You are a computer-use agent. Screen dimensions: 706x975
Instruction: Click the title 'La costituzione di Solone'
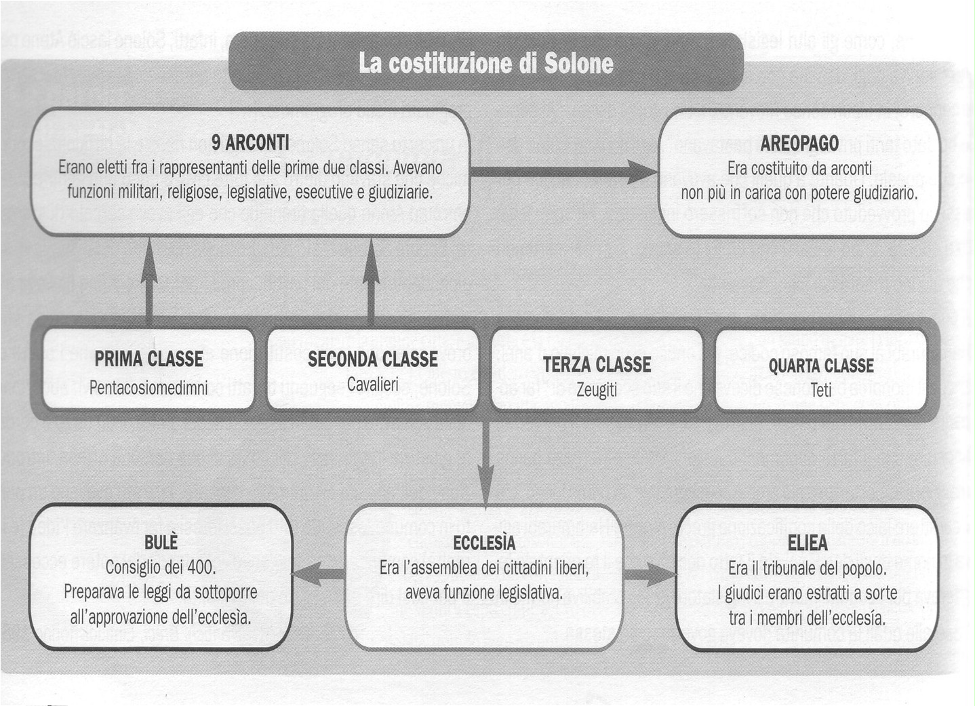(485, 63)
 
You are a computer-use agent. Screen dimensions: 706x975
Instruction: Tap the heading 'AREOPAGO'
(799, 143)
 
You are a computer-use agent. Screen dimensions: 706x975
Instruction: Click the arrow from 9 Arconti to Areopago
(563, 172)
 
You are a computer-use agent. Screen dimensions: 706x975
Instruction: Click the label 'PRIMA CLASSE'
(148, 359)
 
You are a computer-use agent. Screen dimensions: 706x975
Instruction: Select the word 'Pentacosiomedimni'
(148, 387)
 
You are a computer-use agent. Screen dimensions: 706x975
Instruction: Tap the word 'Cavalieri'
(372, 385)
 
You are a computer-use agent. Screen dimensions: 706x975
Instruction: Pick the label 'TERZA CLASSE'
(597, 364)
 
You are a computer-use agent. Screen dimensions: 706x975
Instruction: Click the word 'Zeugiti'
(597, 390)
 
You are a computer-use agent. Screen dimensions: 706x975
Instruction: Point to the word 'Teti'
(820, 390)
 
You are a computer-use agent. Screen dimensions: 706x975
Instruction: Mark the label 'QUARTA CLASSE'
(820, 366)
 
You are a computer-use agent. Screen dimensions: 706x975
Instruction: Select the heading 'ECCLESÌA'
(484, 543)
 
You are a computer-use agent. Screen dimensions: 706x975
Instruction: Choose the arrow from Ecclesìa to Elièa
(650, 574)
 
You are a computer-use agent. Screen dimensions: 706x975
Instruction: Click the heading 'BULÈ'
(161, 542)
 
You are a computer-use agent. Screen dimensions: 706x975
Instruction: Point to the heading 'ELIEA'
(807, 543)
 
